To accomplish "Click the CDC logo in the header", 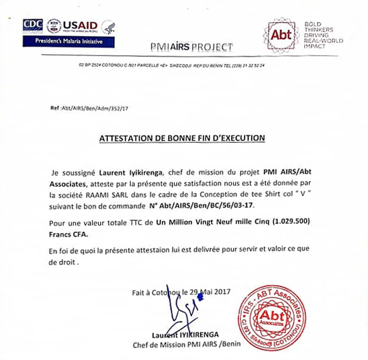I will pos(33,26).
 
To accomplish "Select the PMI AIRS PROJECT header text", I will pos(191,47).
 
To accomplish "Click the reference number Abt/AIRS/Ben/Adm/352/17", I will pos(92,107).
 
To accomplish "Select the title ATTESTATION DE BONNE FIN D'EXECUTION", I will pos(182,138).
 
